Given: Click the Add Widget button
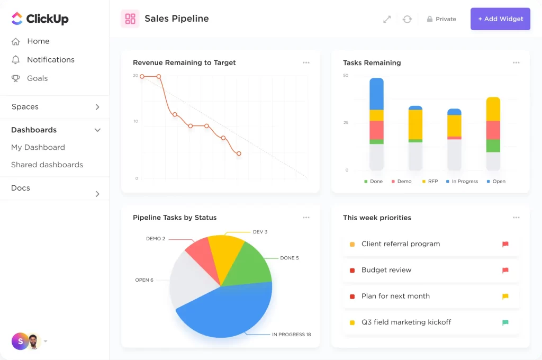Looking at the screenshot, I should pos(500,19).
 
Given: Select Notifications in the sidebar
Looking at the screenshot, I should pos(50,60).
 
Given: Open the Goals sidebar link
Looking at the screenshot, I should pos(37,78).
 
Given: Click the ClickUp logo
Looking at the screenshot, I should pos(40,19).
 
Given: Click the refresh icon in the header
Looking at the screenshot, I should pos(407,19).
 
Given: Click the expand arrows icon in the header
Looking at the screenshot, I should pos(387,19).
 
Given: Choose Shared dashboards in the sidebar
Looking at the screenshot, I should pos(47,165).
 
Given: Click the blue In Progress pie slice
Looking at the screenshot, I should pos(228,312).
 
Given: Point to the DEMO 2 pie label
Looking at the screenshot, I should pos(156,239).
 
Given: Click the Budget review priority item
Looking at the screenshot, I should pos(386,270).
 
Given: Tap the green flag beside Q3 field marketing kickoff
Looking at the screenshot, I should pos(505,322).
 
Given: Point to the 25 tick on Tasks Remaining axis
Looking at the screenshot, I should pos(346,123).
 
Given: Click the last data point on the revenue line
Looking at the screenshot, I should pos(239,154).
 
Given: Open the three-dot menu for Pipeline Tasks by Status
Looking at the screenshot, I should pos(306,218).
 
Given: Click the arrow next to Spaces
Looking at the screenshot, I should pos(97,107).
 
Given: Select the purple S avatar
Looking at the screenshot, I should pos(20,341).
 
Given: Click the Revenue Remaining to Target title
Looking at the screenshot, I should pos(184,62).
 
